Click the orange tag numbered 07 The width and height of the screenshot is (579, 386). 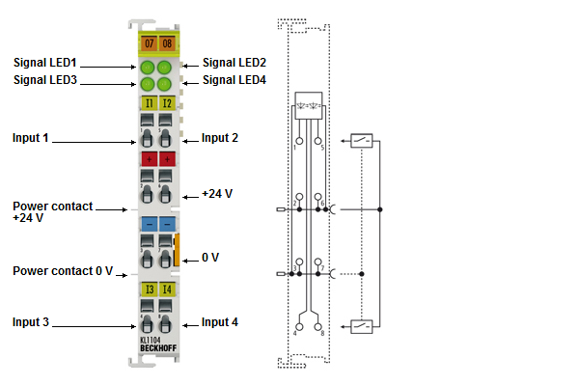pos(149,44)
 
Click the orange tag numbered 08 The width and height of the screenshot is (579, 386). pos(166,44)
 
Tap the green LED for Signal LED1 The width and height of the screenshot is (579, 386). pos(148,68)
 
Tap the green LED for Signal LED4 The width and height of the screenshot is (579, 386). pos(165,83)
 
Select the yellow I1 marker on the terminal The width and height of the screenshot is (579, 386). pos(149,102)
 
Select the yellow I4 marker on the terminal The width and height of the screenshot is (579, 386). pos(166,289)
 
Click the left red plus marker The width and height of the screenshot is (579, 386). pos(149,158)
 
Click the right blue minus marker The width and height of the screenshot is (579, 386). pos(166,224)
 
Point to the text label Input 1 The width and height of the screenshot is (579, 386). pos(30,138)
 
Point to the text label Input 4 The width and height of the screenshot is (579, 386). pos(219,322)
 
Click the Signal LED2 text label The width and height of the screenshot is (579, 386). pos(234,62)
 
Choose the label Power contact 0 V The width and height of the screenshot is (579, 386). pos(63,270)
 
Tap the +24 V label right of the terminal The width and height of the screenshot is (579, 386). pos(217,194)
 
